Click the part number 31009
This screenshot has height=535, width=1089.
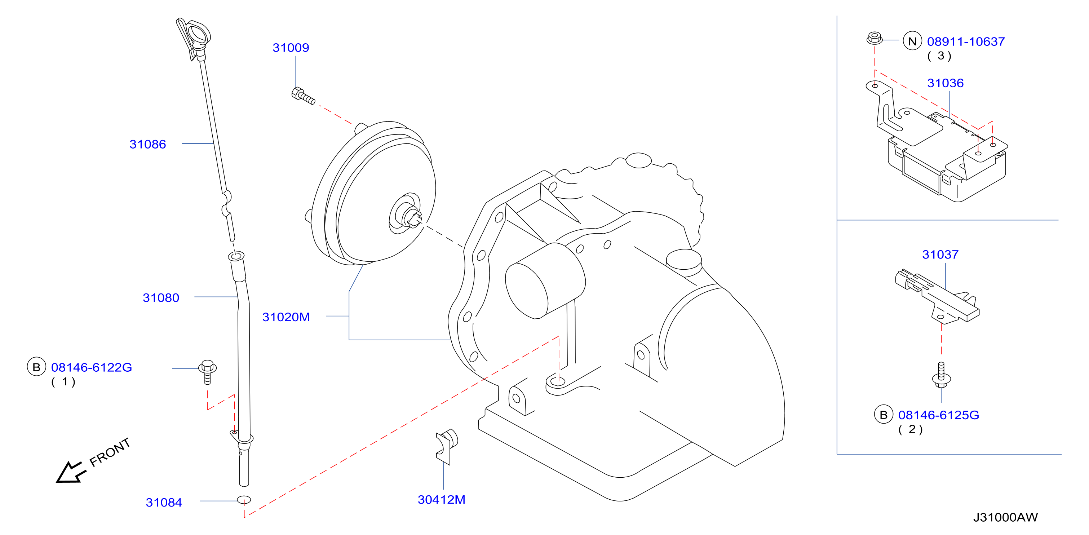point(291,48)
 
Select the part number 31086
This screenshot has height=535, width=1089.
point(147,144)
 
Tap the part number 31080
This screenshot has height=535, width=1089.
point(161,298)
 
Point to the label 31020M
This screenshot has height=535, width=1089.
point(286,317)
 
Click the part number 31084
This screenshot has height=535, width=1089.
point(164,503)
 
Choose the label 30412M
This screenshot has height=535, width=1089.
point(441,499)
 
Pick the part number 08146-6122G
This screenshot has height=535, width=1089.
point(91,367)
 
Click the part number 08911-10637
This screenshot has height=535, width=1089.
point(966,41)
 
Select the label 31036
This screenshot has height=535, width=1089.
point(945,83)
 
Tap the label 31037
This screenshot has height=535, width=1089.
point(940,254)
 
